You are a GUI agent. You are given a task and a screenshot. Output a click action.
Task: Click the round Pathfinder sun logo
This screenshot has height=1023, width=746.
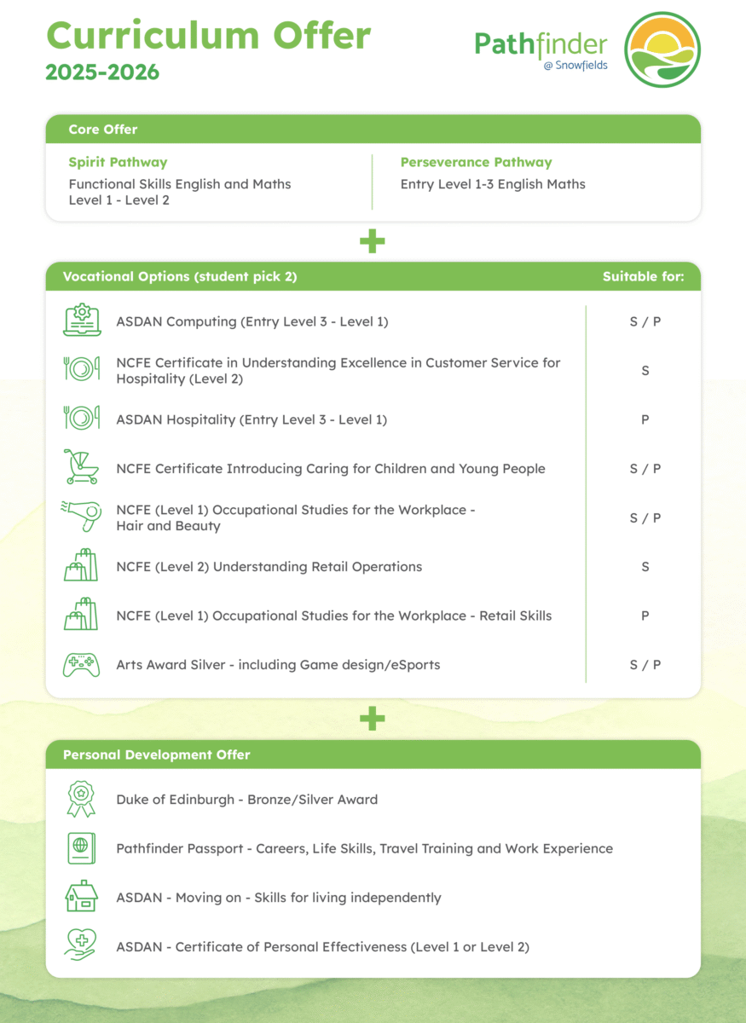point(662,49)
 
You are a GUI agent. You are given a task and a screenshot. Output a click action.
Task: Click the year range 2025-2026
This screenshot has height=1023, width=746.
point(102,72)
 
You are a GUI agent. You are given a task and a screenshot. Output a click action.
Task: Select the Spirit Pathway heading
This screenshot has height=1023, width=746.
point(118,162)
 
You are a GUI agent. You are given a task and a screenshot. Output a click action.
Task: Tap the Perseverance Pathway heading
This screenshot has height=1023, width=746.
point(476,162)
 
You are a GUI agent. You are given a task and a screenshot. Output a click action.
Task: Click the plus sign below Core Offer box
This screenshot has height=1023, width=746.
point(373,242)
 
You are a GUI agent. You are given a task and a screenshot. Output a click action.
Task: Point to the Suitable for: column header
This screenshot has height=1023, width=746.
point(643,276)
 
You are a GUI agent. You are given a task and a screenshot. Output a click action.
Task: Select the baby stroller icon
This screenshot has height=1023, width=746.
point(82,468)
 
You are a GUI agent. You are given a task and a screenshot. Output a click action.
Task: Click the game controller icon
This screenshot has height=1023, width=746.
point(82,664)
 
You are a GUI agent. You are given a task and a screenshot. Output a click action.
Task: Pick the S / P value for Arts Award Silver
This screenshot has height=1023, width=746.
point(645,664)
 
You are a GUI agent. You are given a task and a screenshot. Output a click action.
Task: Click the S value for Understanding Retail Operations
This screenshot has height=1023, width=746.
point(645,566)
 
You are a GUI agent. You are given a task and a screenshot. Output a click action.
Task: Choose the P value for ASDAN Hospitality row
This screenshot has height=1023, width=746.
point(645,419)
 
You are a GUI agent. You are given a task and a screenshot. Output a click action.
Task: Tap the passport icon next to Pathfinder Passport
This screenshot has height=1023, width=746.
point(82,848)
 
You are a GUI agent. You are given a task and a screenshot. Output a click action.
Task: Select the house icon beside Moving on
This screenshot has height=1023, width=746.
point(82,897)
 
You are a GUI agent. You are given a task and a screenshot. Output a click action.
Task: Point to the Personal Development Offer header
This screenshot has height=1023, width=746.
point(157,754)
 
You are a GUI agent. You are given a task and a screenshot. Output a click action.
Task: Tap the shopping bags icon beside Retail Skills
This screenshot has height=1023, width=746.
point(82,616)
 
